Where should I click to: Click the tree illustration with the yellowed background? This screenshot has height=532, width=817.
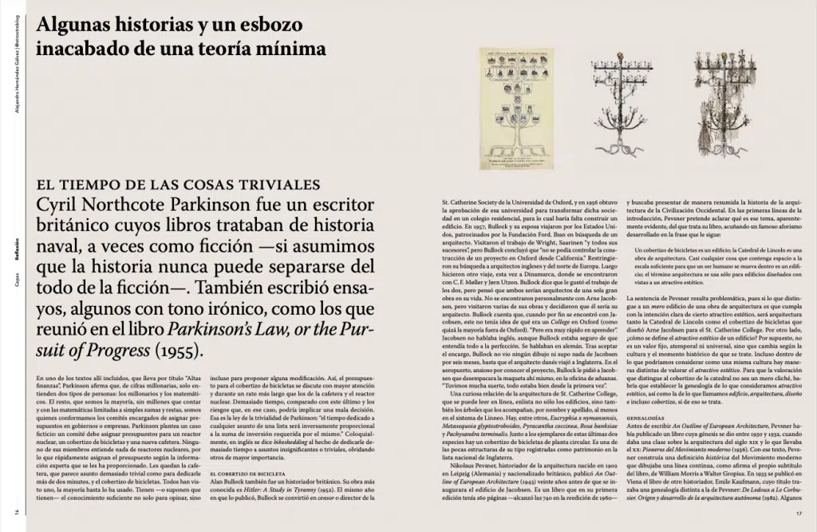pyautogui.click(x=516, y=109)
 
